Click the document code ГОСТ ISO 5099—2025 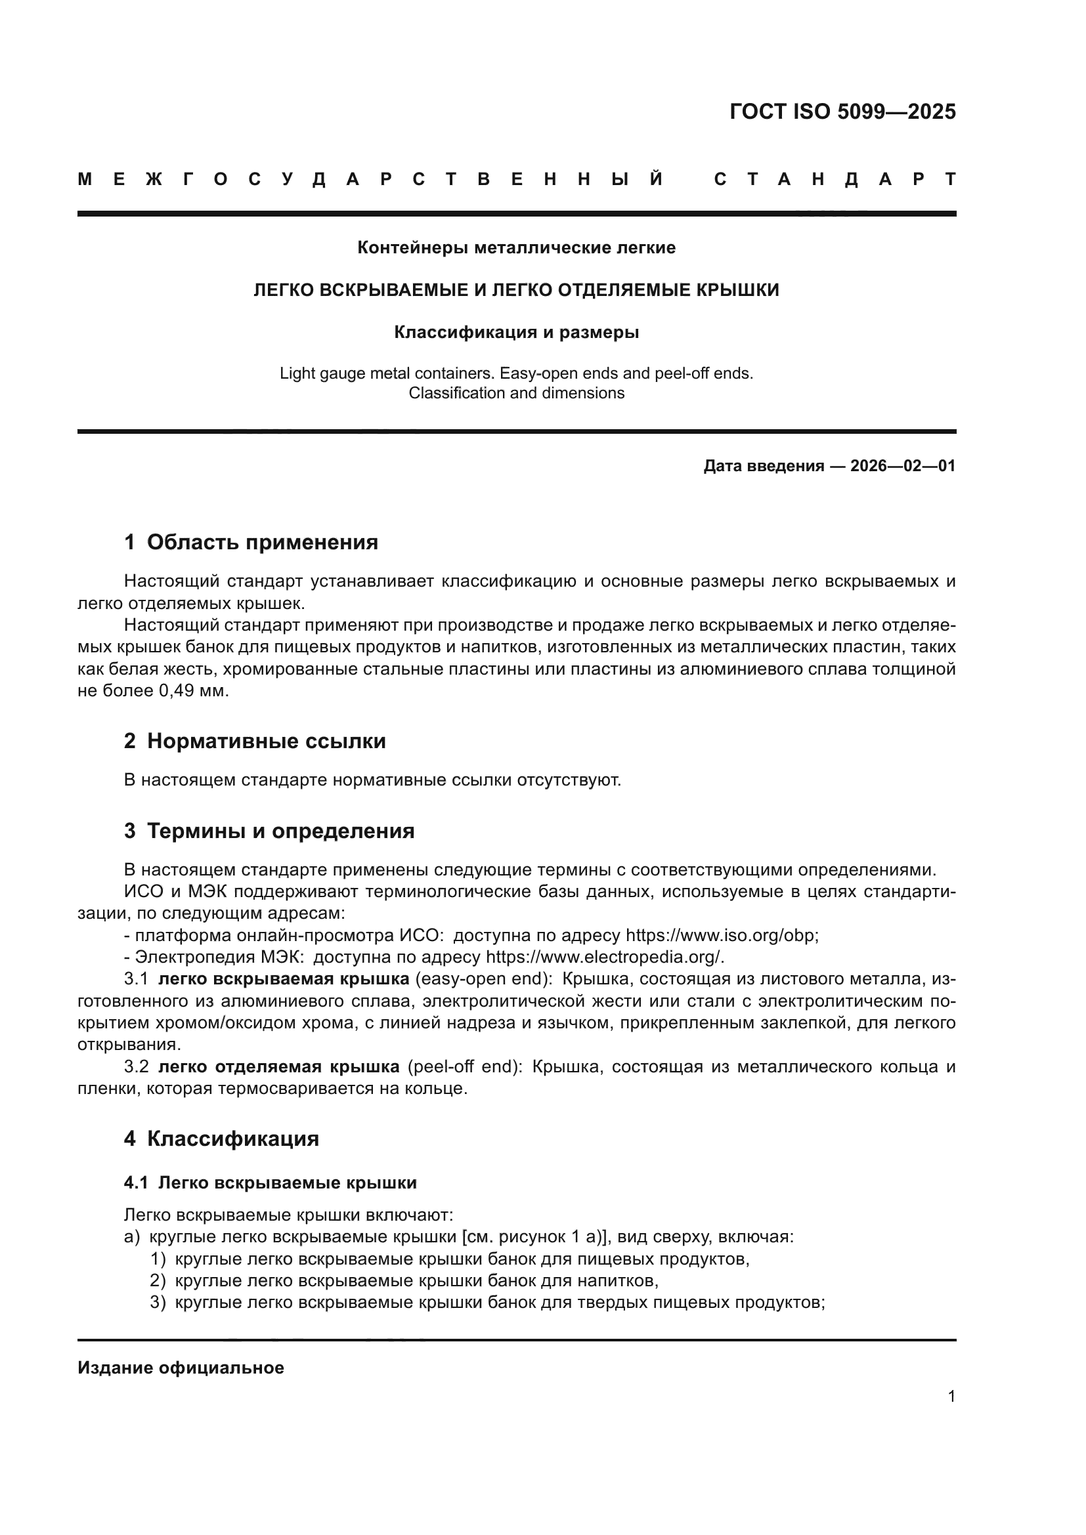pos(842,112)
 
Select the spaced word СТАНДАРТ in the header pos(835,179)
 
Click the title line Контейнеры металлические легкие pos(516,247)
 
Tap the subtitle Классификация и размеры pos(516,332)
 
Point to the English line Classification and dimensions pos(516,393)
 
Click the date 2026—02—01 pos(903,466)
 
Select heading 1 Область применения pos(251,542)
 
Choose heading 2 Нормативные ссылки pos(255,742)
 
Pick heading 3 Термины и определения pos(269,831)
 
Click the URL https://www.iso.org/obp pos(721,935)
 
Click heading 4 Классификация pos(221,1139)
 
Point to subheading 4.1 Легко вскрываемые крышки pos(270,1183)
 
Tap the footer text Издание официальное pos(181,1368)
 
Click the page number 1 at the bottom pos(951,1396)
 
